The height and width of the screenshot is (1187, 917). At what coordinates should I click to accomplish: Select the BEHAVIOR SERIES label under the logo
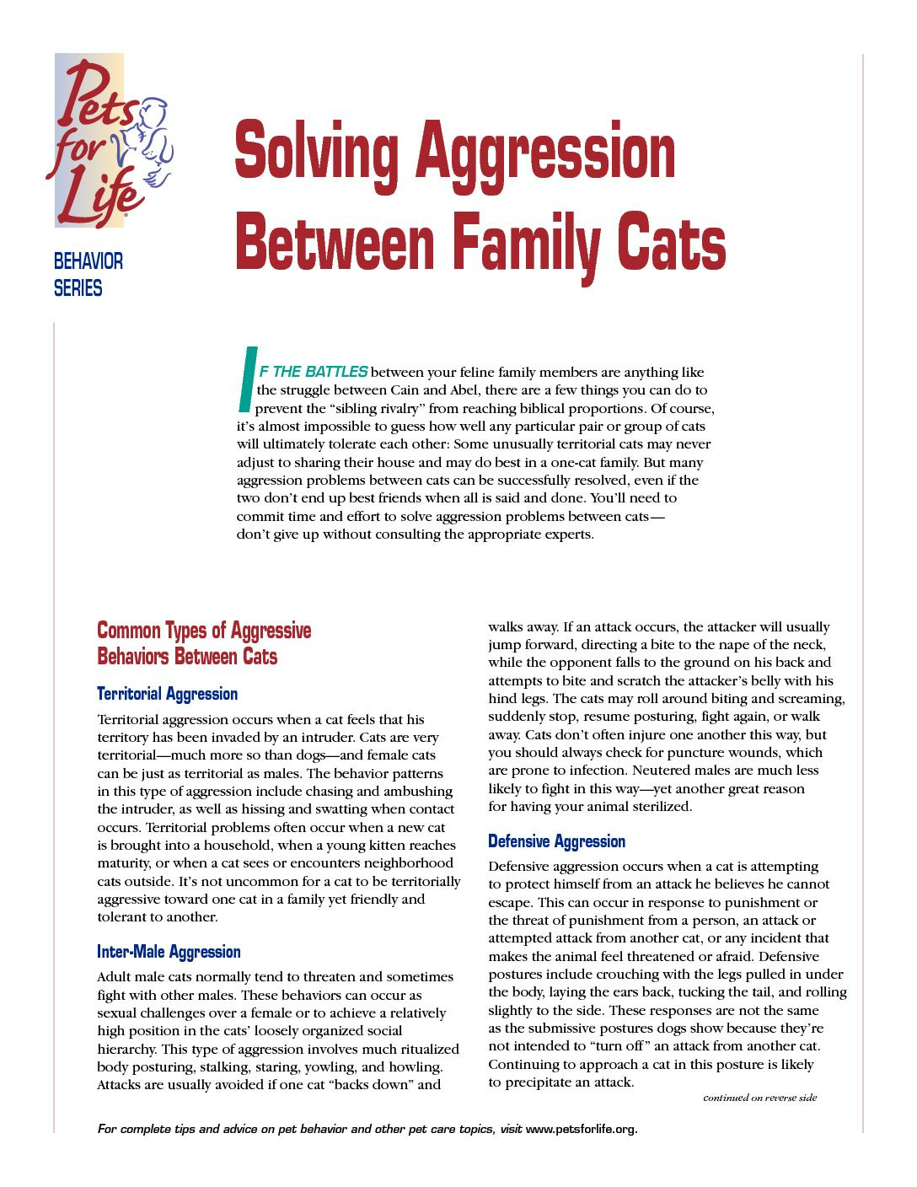tap(88, 275)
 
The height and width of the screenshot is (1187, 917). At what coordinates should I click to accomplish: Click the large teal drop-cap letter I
tap(246, 379)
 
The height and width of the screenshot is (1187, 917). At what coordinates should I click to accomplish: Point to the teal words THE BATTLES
tap(320, 372)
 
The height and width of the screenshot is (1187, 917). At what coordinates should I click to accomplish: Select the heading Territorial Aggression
tap(167, 694)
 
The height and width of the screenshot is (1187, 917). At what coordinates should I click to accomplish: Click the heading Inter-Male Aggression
tap(169, 952)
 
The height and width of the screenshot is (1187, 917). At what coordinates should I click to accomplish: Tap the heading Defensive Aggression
tap(556, 841)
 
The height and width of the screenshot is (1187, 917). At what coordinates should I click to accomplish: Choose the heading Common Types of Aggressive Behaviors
tap(203, 643)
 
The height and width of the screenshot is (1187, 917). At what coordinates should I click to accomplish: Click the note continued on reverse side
tap(759, 1098)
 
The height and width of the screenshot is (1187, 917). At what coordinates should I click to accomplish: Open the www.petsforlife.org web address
tap(581, 1130)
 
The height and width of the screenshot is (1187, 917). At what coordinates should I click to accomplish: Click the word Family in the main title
tap(526, 244)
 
